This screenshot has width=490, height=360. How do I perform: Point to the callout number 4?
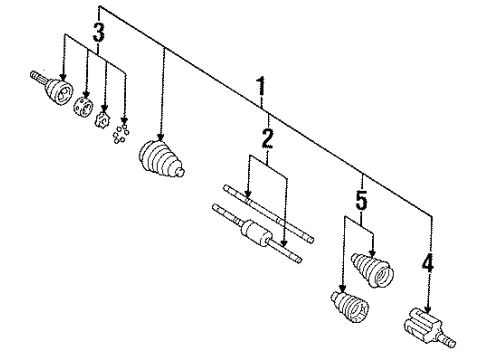click(x=428, y=266)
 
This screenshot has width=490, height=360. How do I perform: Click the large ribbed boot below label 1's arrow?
click(x=161, y=159)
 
